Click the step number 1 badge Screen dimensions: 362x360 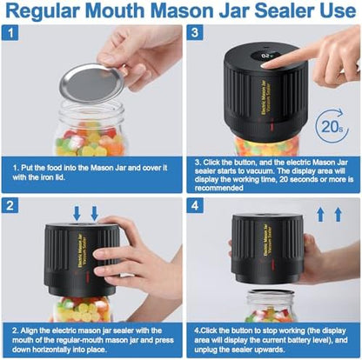[10, 33]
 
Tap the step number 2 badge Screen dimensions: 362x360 [10, 205]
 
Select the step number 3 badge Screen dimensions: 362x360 [195, 33]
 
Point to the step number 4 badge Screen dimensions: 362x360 [195, 205]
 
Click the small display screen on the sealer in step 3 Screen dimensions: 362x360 [267, 56]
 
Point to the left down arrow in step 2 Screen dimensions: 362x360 [77, 213]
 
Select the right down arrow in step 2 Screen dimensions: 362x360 [95, 213]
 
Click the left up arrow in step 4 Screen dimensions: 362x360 [320, 215]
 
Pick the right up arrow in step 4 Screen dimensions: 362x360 [339, 215]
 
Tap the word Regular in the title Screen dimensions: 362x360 [44, 11]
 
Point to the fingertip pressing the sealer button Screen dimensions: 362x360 [266, 65]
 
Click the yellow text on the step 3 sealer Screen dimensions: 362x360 [266, 98]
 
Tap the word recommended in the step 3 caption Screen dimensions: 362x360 [219, 188]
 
